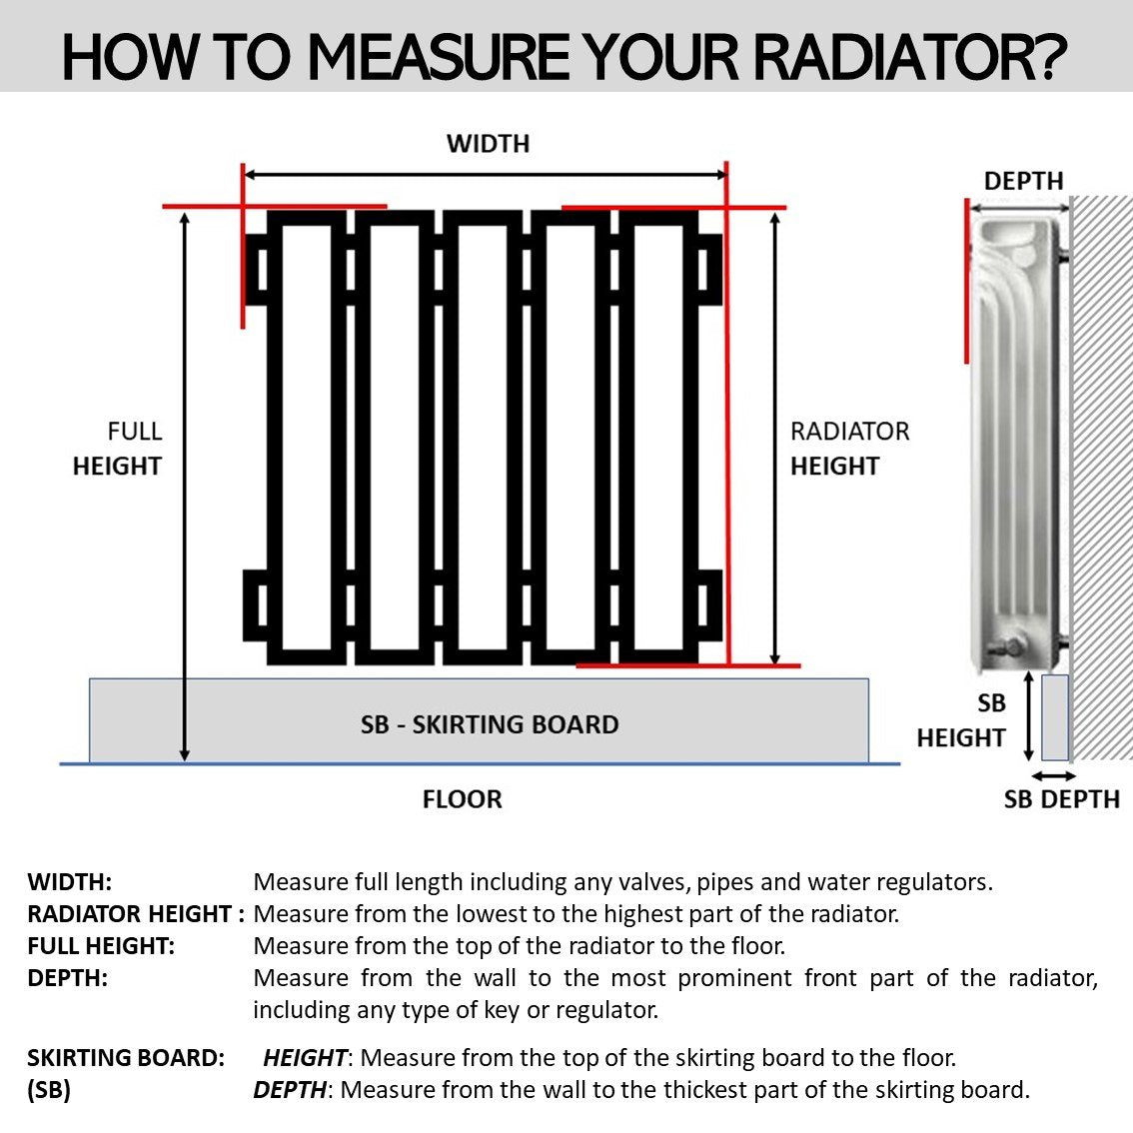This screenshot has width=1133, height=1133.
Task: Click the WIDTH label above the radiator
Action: pyautogui.click(x=488, y=144)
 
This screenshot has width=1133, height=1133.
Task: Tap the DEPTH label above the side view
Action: pyautogui.click(x=1023, y=181)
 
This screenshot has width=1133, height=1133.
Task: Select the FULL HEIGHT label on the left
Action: pyautogui.click(x=118, y=449)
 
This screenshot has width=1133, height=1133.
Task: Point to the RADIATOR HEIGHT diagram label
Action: pyautogui.click(x=848, y=449)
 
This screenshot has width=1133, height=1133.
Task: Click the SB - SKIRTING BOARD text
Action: pyautogui.click(x=490, y=724)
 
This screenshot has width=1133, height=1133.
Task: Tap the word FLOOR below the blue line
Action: pyautogui.click(x=462, y=799)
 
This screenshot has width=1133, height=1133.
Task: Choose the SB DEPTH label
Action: pyautogui.click(x=1061, y=799)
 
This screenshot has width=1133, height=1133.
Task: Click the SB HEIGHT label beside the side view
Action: pyautogui.click(x=961, y=720)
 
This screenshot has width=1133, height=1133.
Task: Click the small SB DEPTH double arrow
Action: pyautogui.click(x=1054, y=776)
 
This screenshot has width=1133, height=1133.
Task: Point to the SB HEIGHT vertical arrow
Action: pyautogui.click(x=1029, y=715)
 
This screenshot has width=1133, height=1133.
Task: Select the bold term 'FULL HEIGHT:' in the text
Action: pyautogui.click(x=101, y=946)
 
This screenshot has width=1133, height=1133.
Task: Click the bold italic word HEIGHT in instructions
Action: pyautogui.click(x=305, y=1058)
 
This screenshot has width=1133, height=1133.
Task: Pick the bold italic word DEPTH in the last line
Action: pyautogui.click(x=290, y=1090)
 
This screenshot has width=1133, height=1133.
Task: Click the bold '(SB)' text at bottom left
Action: pyautogui.click(x=49, y=1090)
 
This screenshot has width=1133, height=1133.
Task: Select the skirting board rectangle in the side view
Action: pyautogui.click(x=1055, y=716)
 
